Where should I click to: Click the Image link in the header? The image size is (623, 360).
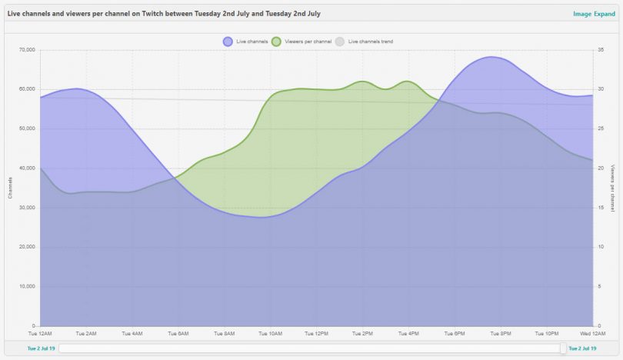581,14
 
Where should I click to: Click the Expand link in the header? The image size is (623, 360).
605,14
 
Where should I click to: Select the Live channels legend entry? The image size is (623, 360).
252,42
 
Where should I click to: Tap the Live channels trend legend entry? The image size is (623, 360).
370,42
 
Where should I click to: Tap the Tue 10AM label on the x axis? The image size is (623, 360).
271,334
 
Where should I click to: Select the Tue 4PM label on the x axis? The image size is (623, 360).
408,334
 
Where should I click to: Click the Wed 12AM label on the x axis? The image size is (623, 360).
591,334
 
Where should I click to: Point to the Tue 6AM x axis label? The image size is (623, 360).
178,334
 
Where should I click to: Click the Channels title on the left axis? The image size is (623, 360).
10,188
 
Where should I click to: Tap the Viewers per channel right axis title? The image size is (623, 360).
612,188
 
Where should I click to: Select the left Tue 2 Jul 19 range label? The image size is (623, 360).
42,348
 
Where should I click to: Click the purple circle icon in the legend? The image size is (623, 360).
228,42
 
